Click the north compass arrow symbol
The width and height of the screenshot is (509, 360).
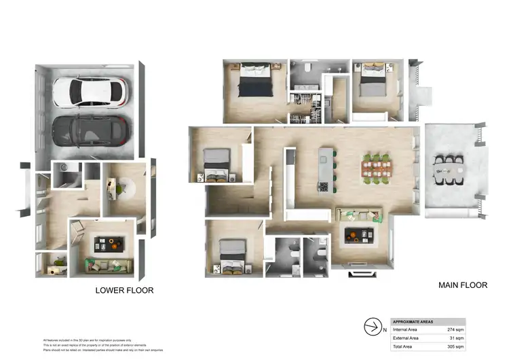pos(371,327)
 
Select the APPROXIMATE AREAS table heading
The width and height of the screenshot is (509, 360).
pos(415,321)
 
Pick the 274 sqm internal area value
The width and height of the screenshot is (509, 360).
pos(455,329)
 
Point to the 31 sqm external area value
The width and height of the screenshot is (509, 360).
pos(456,338)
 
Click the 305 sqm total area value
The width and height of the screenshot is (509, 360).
pos(455,346)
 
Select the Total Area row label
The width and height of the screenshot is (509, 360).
pos(402,346)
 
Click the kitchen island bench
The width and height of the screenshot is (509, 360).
pos(327,167)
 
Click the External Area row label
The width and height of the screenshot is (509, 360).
pos(406,338)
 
